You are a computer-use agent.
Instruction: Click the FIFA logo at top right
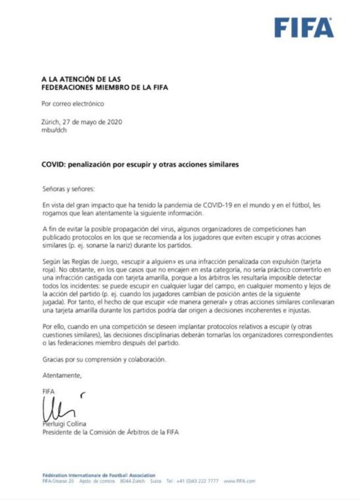pyautogui.click(x=304, y=28)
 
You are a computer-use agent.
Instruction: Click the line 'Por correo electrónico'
pyautogui.click(x=73, y=104)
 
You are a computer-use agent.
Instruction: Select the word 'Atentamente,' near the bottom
pyautogui.click(x=62, y=375)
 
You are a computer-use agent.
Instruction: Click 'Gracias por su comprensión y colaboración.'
pyautogui.click(x=104, y=359)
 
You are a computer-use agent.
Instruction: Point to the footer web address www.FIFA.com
pyautogui.click(x=240, y=481)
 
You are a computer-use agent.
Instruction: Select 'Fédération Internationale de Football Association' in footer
pyautogui.click(x=99, y=475)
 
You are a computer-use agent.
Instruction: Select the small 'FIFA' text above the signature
pyautogui.click(x=49, y=391)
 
